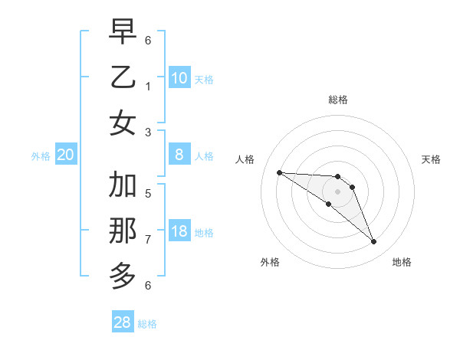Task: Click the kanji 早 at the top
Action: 123,32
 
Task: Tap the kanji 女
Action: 123,123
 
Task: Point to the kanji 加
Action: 123,185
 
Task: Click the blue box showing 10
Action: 179,78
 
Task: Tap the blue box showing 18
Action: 179,232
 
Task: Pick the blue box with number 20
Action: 66,155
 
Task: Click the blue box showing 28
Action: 123,322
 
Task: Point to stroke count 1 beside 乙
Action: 148,86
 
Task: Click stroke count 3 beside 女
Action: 148,132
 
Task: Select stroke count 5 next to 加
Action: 148,194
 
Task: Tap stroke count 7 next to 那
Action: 148,240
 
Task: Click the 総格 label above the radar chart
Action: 338,100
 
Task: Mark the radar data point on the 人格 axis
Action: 279,172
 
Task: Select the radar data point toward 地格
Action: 374,242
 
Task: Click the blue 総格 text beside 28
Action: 147,324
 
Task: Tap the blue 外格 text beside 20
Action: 41,156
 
